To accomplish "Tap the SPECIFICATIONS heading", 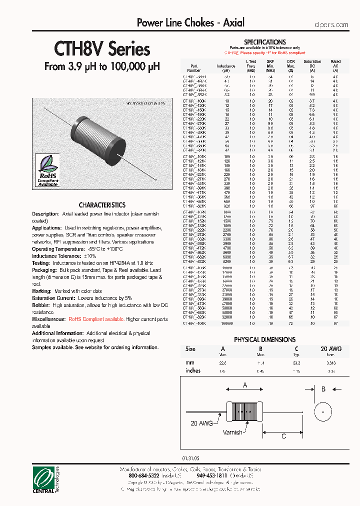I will click(x=264, y=42).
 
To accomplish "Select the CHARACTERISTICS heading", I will click(x=102, y=205).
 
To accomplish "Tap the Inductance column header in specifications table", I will click(x=226, y=66).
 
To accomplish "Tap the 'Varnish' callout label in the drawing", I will click(x=232, y=432).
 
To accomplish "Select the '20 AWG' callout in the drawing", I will click(x=201, y=423).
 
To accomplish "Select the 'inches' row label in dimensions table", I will click(x=192, y=370).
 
